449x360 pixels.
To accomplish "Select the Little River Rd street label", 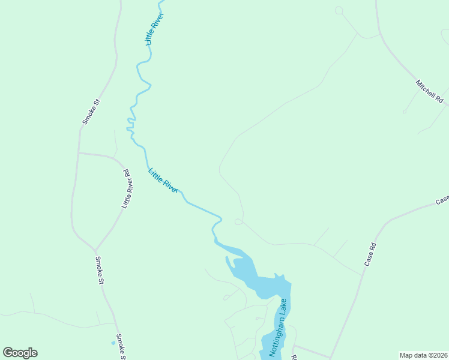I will (127, 189).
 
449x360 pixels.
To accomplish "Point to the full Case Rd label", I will (370, 254).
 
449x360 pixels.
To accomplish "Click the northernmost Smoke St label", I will (92, 112).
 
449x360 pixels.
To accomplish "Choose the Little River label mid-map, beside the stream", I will (163, 180).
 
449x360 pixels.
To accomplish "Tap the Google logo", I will (20, 353).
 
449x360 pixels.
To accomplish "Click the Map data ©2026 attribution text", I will (423, 355).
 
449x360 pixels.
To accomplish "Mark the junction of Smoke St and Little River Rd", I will (95, 250).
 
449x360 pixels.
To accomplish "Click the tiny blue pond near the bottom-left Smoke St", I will (113, 343).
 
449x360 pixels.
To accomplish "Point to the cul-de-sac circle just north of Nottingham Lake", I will (238, 222).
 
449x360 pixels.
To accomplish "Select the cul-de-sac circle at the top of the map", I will (339, 10).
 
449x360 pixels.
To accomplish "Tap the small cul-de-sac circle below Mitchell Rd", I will (405, 111).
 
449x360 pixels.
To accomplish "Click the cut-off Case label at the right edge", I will (442, 199).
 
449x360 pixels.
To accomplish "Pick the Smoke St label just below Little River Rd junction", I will (100, 271).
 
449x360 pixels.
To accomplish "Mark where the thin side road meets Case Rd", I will (362, 275).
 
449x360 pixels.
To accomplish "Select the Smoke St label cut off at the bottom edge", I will (121, 347).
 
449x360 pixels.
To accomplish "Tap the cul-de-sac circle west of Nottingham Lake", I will (226, 297).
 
